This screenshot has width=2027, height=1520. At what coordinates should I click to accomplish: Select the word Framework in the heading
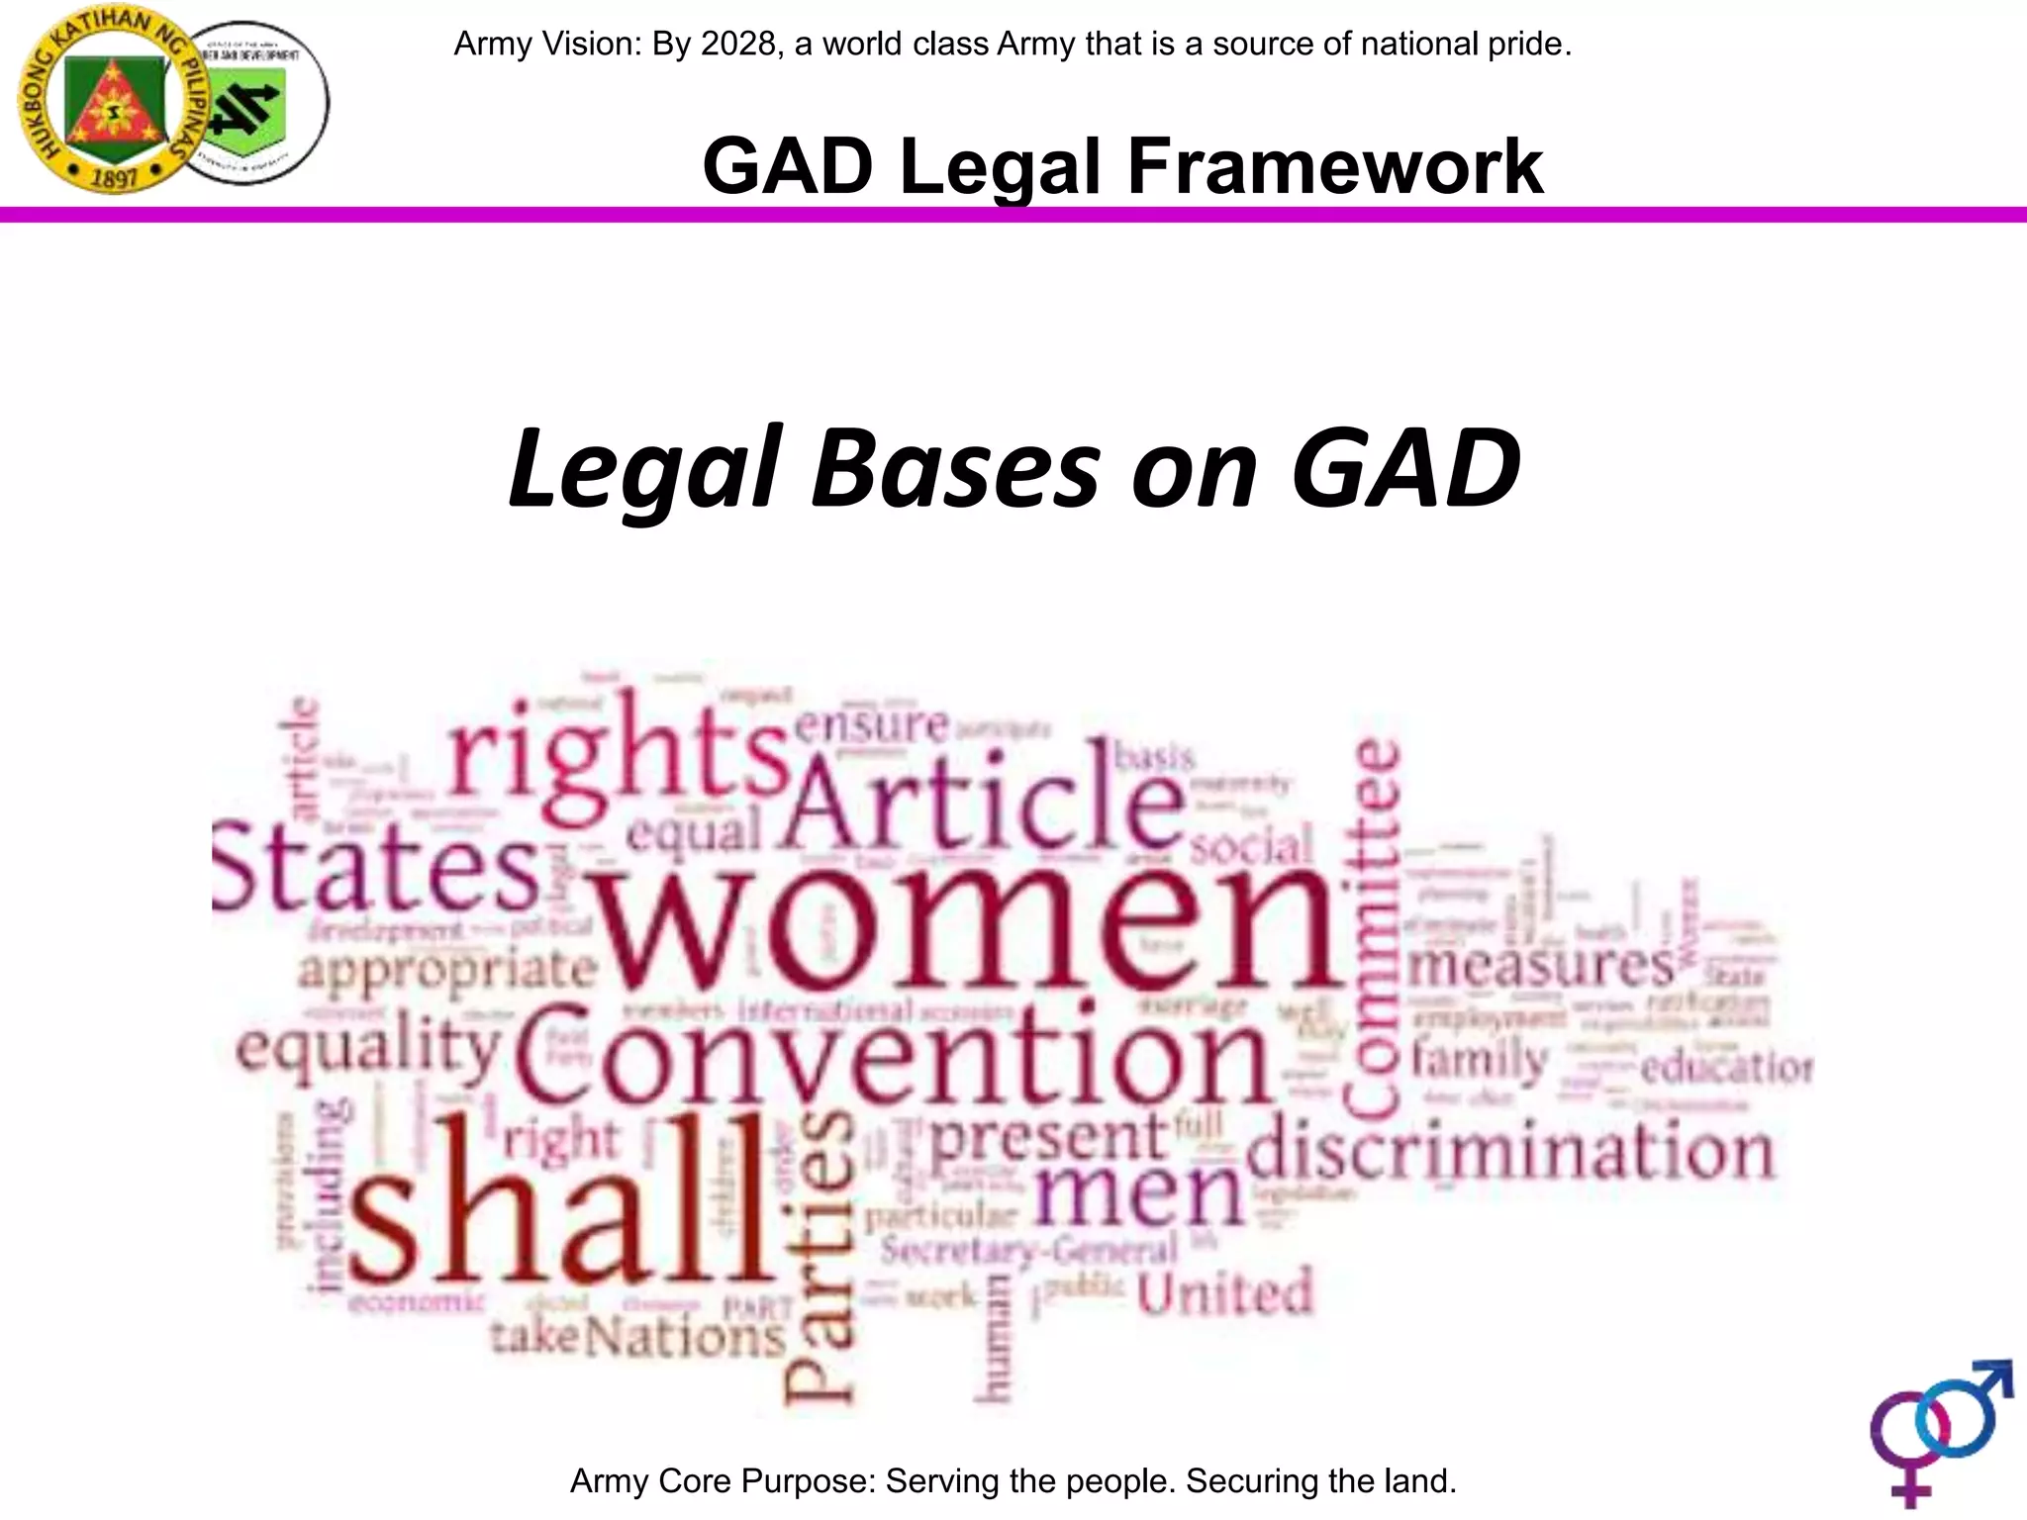pos(1334,167)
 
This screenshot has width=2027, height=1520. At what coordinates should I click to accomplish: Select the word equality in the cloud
pos(368,1052)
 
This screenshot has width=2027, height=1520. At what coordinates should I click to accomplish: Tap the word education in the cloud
pos(1726,1068)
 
